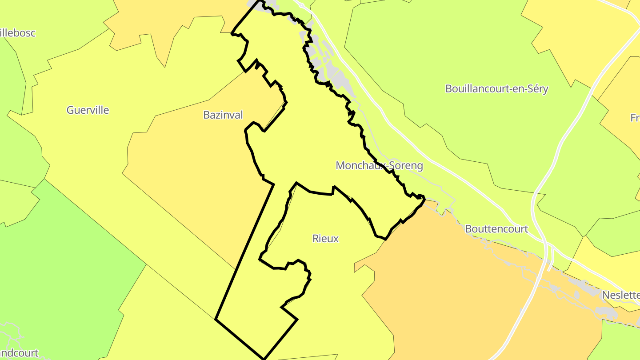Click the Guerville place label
coord(88,110)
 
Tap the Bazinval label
coord(223,115)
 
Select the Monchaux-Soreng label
coord(379,166)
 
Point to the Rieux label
coord(326,239)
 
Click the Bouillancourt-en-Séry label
coord(496,89)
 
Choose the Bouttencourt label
coord(496,229)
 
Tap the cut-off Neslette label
coord(620,295)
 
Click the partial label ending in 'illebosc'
coord(18,33)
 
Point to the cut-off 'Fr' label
coord(635,118)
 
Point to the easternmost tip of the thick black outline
coord(425,198)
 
